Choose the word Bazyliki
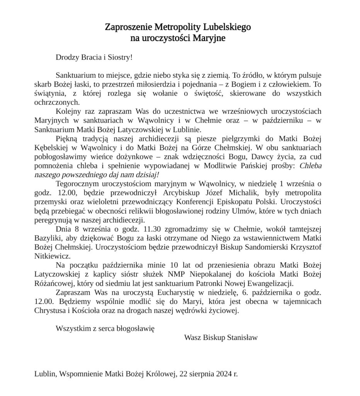pyautogui.click(x=47, y=238)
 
